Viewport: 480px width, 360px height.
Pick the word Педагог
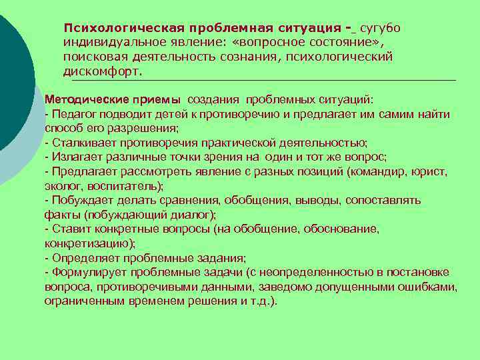(x=74, y=114)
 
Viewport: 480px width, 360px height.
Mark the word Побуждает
(x=78, y=200)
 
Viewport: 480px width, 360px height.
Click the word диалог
(x=188, y=215)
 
